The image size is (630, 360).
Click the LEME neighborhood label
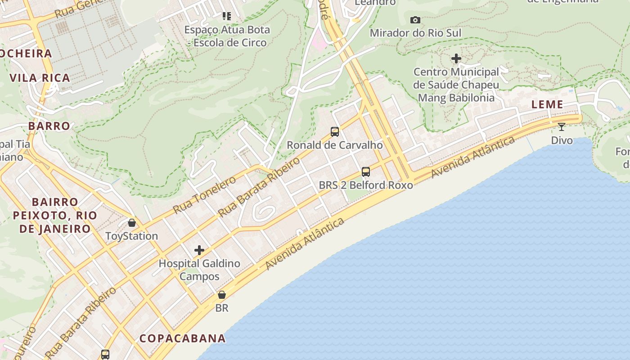(x=547, y=105)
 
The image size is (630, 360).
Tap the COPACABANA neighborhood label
(x=182, y=338)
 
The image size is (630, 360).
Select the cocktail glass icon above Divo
(x=562, y=127)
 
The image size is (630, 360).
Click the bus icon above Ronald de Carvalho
(x=335, y=132)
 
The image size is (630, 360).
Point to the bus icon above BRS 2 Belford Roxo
(x=366, y=172)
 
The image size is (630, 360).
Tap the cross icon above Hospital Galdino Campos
(x=199, y=250)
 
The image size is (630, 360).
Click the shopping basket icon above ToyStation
(x=132, y=223)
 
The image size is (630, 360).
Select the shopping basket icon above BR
(x=222, y=295)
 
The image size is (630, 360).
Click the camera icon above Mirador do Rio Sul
(x=415, y=20)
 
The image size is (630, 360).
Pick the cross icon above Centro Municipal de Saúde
(x=456, y=58)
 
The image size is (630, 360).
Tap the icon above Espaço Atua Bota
(x=227, y=17)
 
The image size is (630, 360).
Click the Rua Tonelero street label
(x=204, y=195)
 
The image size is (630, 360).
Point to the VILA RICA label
(x=40, y=78)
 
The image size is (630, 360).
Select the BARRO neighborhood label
(x=49, y=126)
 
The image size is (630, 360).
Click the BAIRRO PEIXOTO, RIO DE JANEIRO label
(x=55, y=215)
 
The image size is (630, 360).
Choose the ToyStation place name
(x=131, y=236)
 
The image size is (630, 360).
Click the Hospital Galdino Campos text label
(x=199, y=270)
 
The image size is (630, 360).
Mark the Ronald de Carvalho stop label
(x=335, y=145)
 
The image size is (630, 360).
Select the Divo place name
(x=562, y=140)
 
